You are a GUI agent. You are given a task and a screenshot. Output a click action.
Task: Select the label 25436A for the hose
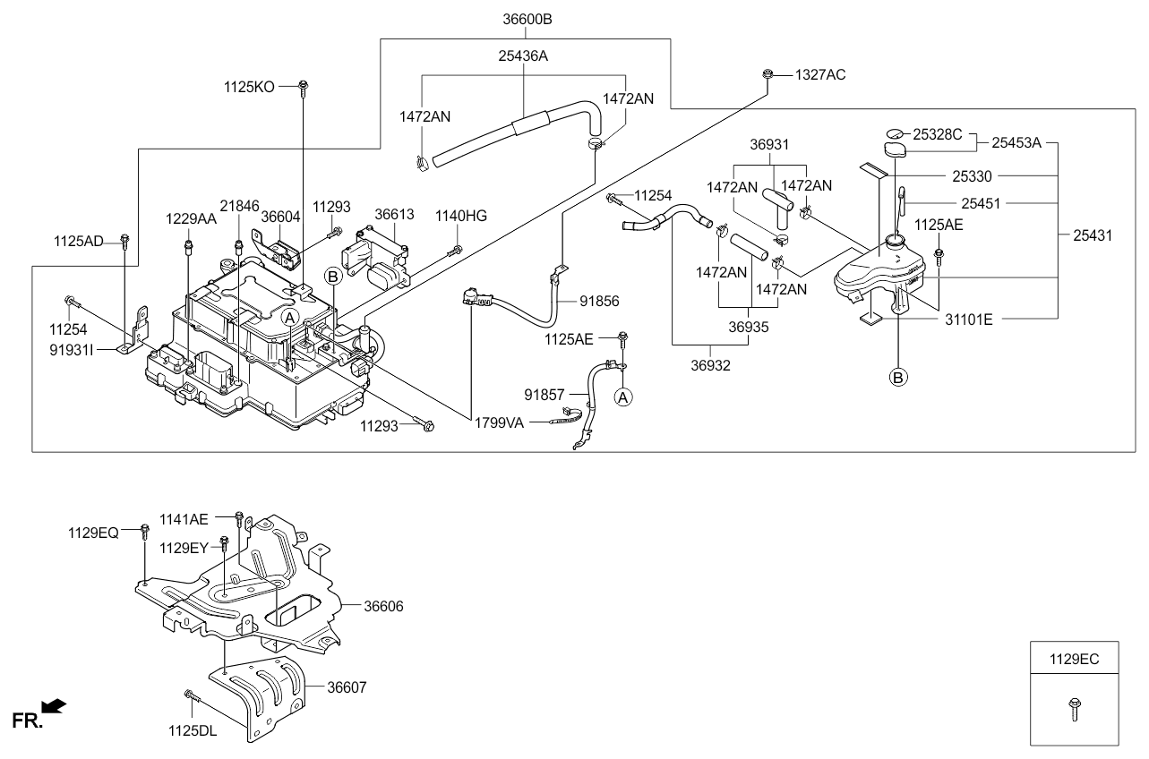click(x=523, y=56)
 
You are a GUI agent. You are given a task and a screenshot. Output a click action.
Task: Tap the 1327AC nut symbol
click(x=768, y=74)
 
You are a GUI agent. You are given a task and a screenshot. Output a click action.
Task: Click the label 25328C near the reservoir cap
click(x=937, y=134)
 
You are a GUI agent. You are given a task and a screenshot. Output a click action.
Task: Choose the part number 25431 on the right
click(x=1093, y=235)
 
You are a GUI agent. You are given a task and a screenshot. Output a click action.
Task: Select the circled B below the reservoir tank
click(x=897, y=377)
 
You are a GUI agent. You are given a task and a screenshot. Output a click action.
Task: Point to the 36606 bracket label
click(x=383, y=606)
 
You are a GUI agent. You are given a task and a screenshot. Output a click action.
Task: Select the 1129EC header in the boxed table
click(x=1074, y=659)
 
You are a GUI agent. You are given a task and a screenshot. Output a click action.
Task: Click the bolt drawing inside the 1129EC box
click(x=1074, y=710)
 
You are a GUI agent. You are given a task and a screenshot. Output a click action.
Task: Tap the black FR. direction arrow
click(x=55, y=708)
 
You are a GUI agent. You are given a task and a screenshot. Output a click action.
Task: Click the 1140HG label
click(x=461, y=216)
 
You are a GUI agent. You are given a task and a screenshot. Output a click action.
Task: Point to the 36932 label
click(x=710, y=365)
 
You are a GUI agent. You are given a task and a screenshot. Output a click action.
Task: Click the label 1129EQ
click(x=93, y=532)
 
